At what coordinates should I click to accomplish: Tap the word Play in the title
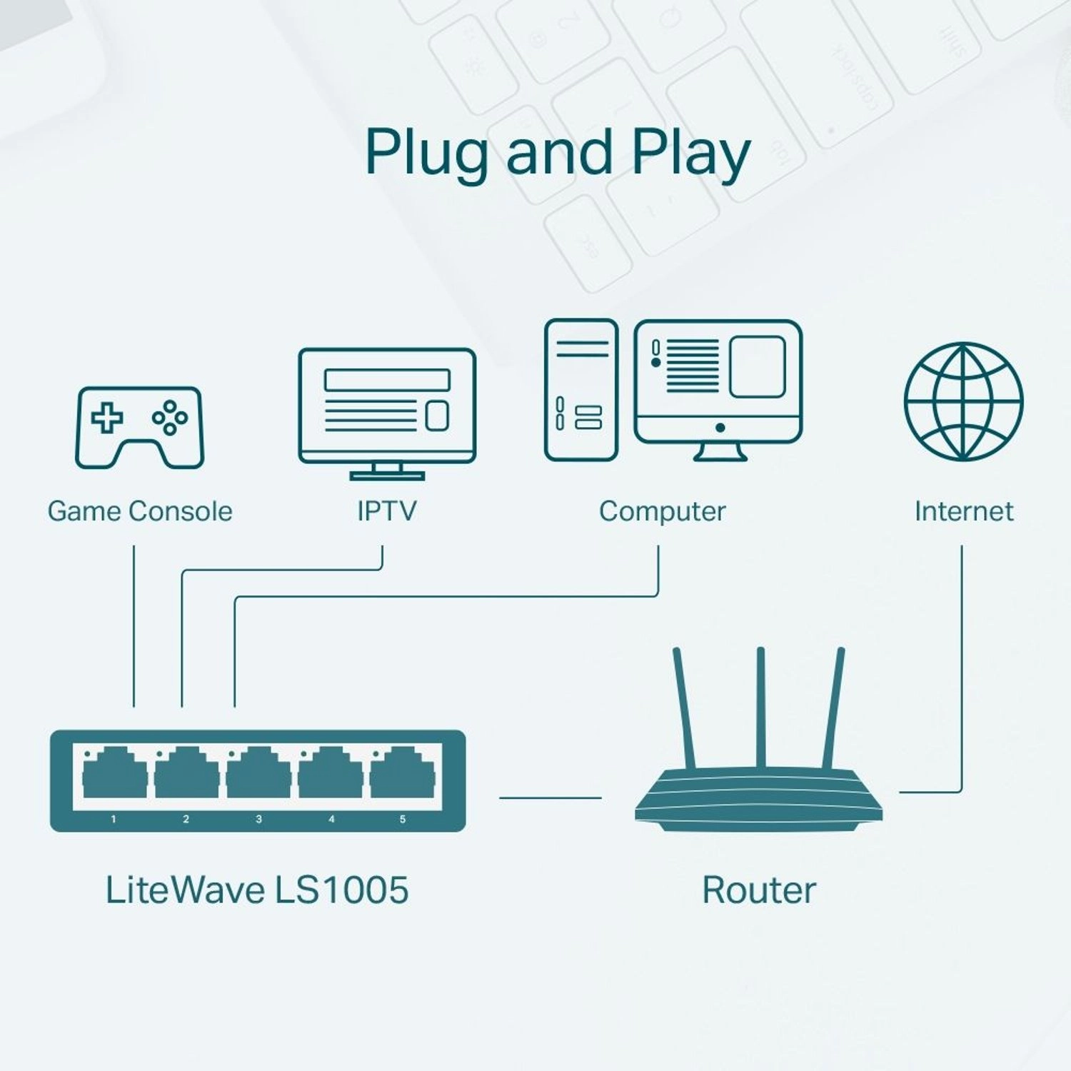690,154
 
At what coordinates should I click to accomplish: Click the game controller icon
140,428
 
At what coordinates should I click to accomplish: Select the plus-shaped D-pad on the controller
106,418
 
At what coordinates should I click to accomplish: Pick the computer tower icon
580,390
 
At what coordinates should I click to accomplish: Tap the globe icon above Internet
963,401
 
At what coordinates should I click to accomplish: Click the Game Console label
140,511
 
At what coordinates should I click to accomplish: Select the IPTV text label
386,511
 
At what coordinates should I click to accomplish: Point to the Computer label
662,511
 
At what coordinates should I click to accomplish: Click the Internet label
964,511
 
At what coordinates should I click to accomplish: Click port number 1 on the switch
114,774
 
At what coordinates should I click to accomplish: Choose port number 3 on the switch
258,774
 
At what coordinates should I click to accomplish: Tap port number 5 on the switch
402,774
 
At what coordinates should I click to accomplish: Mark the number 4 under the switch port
331,819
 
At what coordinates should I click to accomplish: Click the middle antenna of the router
761,707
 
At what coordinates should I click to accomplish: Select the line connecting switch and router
550,798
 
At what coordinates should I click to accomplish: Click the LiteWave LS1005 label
257,890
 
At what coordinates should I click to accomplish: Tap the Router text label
759,890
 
